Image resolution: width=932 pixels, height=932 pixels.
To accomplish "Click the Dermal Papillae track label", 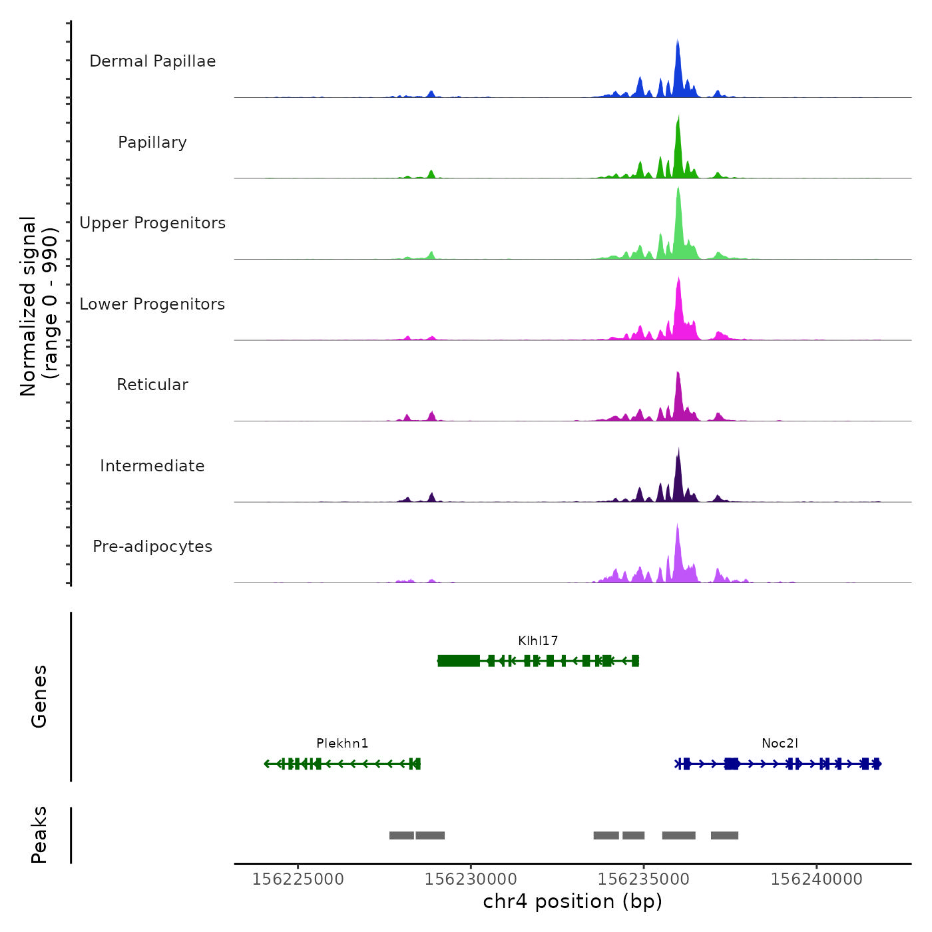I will point(152,61).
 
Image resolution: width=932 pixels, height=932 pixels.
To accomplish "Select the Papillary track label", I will point(152,142).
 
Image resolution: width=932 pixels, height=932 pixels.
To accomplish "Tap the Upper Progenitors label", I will point(152,223).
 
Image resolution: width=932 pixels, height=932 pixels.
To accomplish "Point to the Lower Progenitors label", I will point(152,304).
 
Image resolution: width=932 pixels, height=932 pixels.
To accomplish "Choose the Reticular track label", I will point(152,385).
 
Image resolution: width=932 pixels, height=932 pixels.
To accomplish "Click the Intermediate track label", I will point(152,466).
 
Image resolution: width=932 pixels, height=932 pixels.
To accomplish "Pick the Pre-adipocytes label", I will point(152,547).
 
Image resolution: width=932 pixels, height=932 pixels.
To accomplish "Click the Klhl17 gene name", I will point(538,641).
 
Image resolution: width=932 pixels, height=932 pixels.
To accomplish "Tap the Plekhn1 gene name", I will point(342,744).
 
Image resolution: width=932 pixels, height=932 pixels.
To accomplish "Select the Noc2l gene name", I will point(780,744).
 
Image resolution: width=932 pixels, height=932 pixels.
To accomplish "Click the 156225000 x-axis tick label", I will point(298,879).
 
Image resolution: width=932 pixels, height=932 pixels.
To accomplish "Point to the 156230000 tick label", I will point(471,879).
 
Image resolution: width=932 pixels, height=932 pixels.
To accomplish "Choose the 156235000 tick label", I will point(644,879).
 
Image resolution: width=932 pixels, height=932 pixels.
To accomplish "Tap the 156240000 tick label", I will point(816,879).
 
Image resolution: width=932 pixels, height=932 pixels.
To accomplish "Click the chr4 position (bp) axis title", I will point(573,902).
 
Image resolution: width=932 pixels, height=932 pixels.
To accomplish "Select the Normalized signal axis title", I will point(39,306).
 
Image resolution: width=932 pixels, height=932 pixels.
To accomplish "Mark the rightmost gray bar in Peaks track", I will point(724,835).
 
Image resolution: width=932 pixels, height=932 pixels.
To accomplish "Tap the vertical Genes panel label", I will point(39,696).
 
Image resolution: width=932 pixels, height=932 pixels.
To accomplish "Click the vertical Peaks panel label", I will point(39,835).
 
